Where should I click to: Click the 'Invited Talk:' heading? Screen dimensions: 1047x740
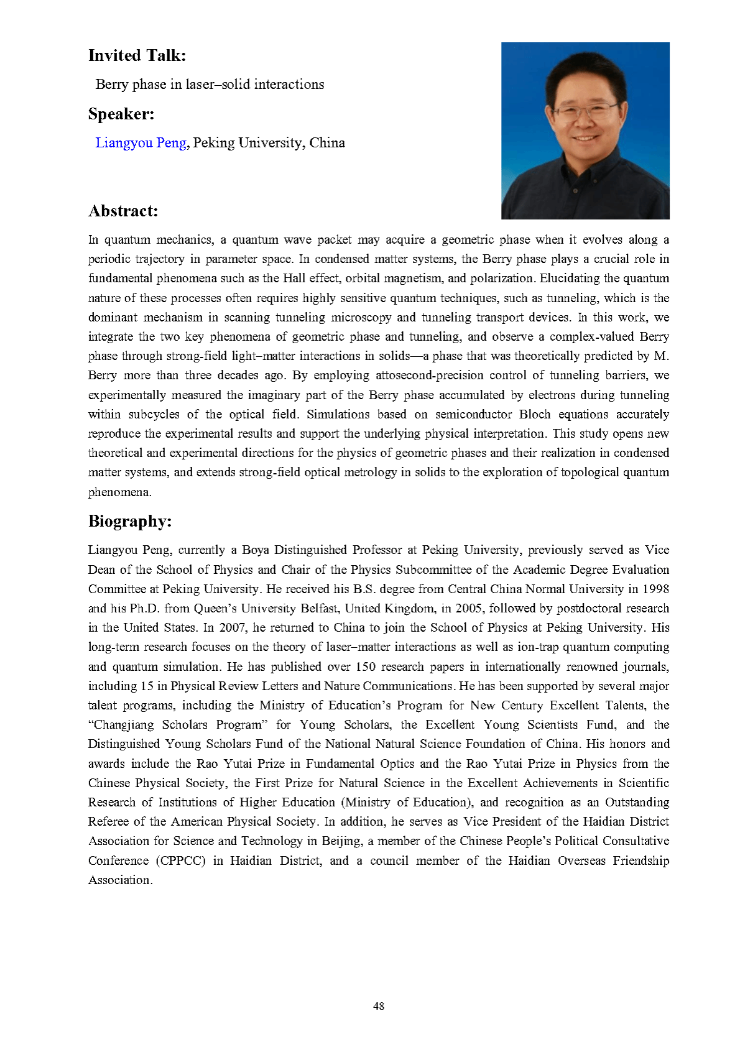(137, 56)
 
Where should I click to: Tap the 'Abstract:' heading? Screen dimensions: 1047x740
(123, 211)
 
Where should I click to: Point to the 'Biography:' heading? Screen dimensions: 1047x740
(129, 521)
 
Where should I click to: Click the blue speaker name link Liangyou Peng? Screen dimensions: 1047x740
(141, 143)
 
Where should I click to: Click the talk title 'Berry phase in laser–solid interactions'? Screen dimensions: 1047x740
(210, 85)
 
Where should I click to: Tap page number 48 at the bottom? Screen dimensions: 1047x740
(378, 1006)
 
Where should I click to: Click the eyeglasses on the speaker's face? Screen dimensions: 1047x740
(585, 113)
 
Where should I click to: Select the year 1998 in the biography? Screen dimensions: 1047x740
(655, 589)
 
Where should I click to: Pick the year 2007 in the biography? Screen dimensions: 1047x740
(233, 627)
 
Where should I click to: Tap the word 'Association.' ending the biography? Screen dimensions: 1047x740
(120, 880)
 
